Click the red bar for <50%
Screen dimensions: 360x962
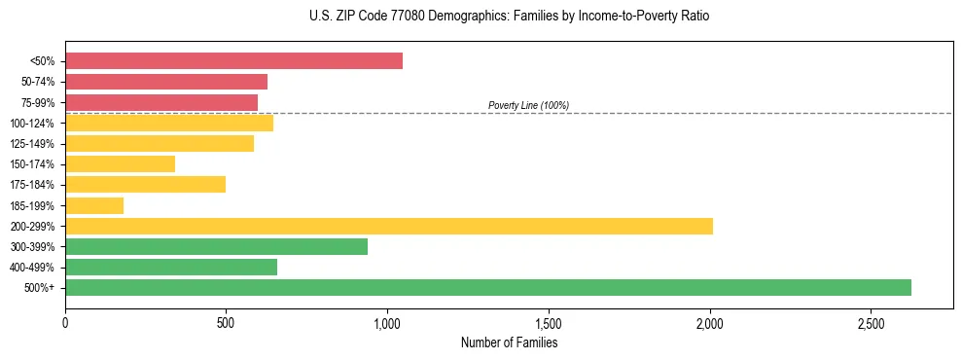tap(233, 61)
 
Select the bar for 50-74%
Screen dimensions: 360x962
tap(166, 82)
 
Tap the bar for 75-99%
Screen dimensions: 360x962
tap(161, 102)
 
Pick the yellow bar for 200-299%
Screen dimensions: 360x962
tap(389, 226)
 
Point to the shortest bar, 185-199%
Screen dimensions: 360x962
tap(94, 205)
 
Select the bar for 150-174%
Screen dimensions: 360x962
tap(121, 163)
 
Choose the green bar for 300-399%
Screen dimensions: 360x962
tap(216, 246)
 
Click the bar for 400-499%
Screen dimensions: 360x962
tap(171, 267)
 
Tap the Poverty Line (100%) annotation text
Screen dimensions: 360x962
tap(528, 105)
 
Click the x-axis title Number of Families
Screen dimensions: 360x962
tap(509, 342)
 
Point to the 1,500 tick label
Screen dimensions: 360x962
tap(549, 323)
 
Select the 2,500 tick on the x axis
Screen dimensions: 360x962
tap(871, 323)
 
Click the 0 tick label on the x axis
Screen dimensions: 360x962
tap(65, 323)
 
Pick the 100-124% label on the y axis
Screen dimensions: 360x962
tap(32, 124)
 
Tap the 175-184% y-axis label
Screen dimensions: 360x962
tap(32, 185)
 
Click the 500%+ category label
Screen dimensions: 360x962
tap(40, 288)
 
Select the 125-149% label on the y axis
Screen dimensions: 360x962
tap(32, 144)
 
